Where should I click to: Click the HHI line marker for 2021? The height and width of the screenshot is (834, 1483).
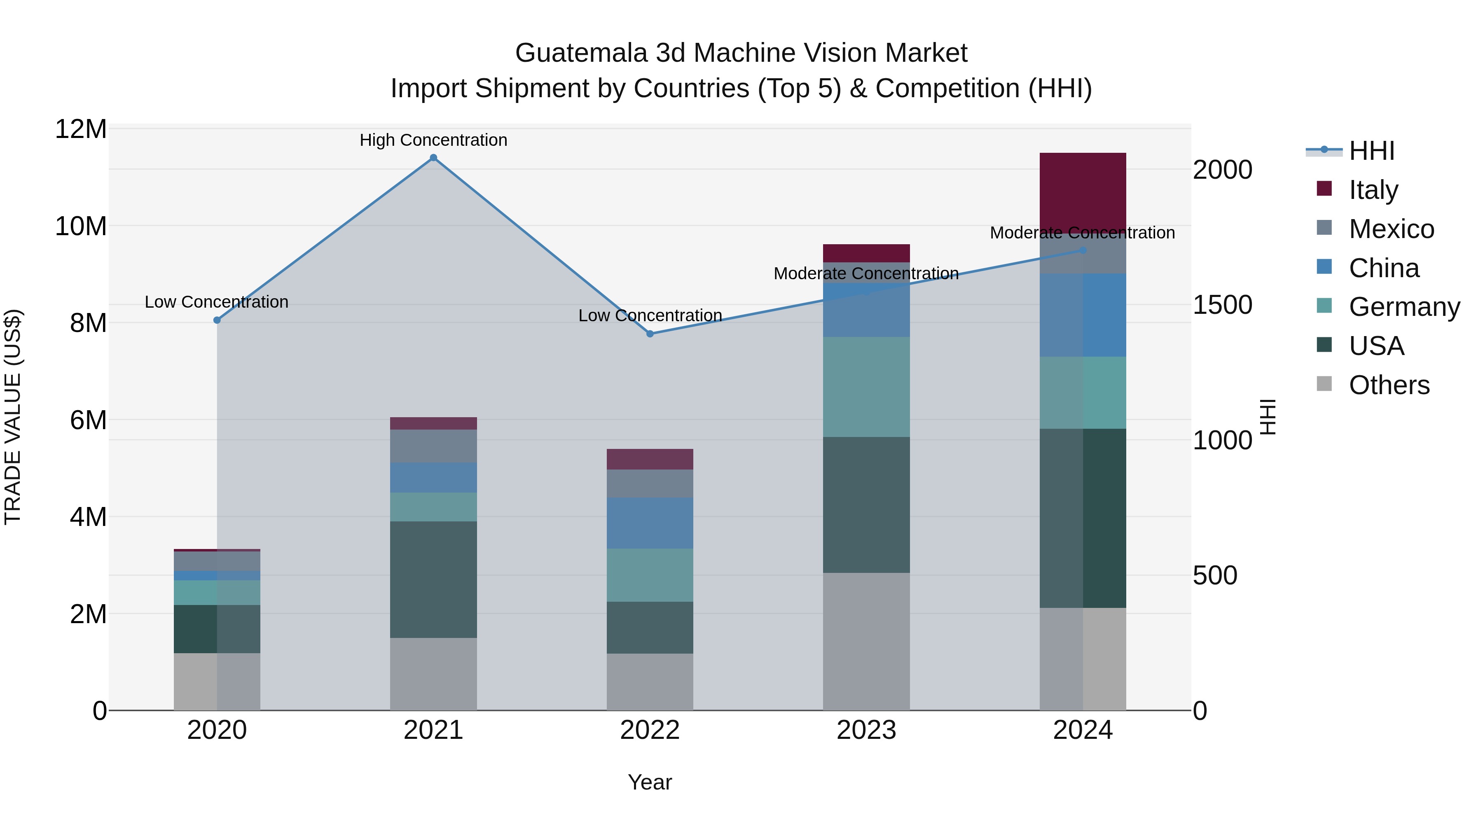pyautogui.click(x=433, y=158)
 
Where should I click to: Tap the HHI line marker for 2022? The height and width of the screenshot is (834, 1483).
pyautogui.click(x=650, y=334)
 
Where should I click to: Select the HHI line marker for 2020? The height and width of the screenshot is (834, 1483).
pyautogui.click(x=217, y=320)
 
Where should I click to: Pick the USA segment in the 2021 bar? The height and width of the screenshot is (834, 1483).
pyautogui.click(x=433, y=579)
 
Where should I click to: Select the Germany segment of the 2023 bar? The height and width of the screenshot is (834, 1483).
pyautogui.click(x=866, y=387)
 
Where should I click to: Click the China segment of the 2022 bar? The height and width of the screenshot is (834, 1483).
pyautogui.click(x=650, y=523)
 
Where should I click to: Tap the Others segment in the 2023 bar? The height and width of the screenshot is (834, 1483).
pyautogui.click(x=866, y=641)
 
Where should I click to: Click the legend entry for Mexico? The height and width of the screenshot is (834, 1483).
pyautogui.click(x=1390, y=229)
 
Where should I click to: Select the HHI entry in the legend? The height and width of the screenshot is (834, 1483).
pyautogui.click(x=1371, y=151)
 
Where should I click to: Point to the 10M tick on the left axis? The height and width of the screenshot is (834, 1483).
pyautogui.click(x=81, y=226)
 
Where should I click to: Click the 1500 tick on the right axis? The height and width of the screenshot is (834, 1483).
pyautogui.click(x=1222, y=305)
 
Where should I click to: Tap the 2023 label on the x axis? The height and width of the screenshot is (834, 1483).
pyautogui.click(x=866, y=730)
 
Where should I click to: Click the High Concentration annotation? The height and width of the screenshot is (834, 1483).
pyautogui.click(x=433, y=140)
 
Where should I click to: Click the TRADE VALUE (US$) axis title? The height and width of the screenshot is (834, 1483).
pyautogui.click(x=13, y=417)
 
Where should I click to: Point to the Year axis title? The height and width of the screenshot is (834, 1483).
pyautogui.click(x=650, y=782)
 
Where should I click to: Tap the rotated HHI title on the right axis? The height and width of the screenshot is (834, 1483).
pyautogui.click(x=1268, y=417)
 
